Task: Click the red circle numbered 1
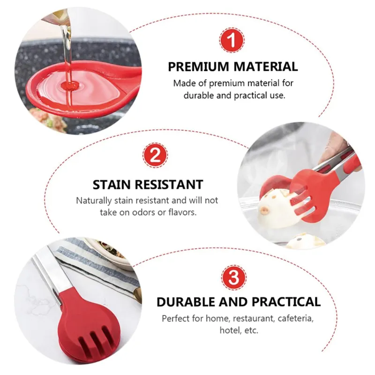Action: (232, 40)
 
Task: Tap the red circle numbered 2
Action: (155, 155)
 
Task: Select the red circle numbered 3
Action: (233, 277)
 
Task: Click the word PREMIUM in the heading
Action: (198, 67)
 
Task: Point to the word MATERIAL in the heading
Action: (265, 67)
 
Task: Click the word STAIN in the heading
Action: (112, 185)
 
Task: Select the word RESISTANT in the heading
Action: (169, 185)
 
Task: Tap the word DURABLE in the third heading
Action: (186, 302)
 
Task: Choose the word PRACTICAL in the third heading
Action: (286, 302)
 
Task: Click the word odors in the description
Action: (142, 212)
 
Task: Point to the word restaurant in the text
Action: (254, 319)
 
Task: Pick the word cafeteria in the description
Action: (296, 319)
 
